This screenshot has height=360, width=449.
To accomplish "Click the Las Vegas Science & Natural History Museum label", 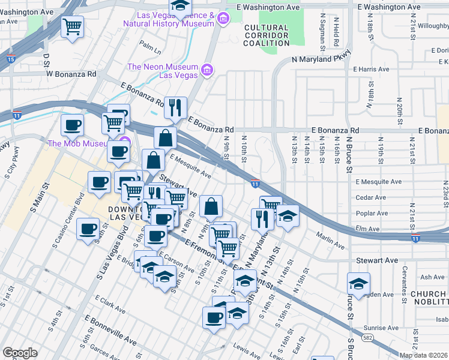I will (169, 19).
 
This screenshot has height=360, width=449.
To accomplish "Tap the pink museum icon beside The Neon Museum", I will (207, 70).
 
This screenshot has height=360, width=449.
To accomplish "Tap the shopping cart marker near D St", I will (72, 26).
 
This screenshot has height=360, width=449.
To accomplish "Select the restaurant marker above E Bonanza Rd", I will (175, 107).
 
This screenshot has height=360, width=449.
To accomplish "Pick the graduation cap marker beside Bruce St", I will (358, 284).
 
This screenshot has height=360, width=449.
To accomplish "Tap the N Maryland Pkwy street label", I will (321, 59).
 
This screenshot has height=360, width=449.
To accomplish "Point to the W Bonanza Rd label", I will (71, 74).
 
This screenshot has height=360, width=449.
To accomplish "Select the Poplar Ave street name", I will (370, 213).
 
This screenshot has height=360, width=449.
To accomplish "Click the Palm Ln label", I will (150, 44).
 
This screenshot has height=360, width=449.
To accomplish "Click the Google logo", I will (20, 353).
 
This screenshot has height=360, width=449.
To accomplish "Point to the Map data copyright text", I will (423, 355).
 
